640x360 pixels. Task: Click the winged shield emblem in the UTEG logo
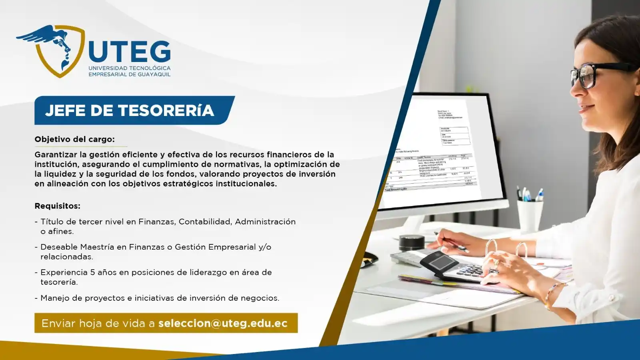point(52,50)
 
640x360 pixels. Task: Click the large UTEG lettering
point(130,52)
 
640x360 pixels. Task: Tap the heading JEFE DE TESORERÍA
point(130,110)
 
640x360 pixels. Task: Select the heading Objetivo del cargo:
point(74,139)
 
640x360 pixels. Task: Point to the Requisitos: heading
point(57,206)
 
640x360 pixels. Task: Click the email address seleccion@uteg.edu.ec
point(223,323)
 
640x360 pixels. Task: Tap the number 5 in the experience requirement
point(92,272)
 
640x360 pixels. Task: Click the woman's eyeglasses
point(596,74)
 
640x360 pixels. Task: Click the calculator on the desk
point(460,267)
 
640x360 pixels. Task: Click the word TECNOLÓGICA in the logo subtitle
point(150,68)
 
